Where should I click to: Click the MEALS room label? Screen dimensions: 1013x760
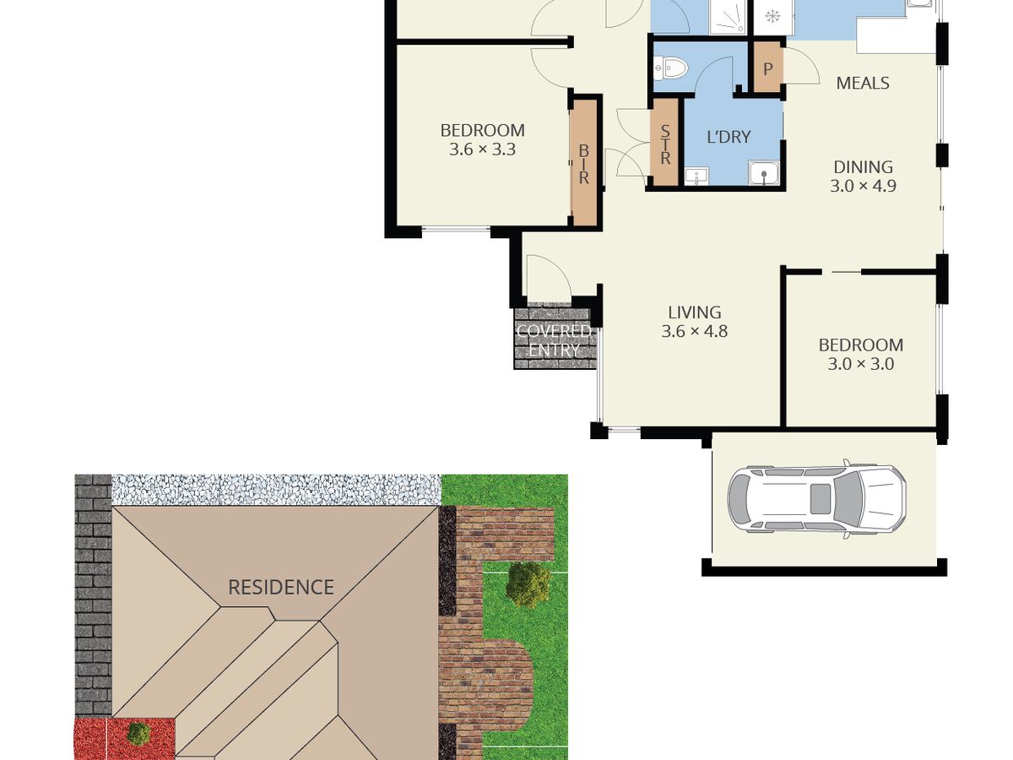[x=863, y=83]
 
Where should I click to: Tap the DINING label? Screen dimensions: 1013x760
[x=863, y=166]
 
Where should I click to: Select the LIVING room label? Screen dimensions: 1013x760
[x=695, y=312]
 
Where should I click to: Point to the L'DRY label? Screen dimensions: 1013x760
[x=729, y=137]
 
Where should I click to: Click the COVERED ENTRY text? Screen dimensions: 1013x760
[x=554, y=340]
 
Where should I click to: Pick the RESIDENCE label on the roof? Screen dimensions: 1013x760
[x=281, y=588]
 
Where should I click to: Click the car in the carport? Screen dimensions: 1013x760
[x=816, y=499]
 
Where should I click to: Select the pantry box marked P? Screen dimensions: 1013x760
[x=768, y=69]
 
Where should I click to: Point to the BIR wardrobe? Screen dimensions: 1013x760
[x=584, y=164]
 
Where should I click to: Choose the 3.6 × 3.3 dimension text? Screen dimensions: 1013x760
[x=482, y=149]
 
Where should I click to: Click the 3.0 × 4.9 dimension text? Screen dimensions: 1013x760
[x=863, y=186]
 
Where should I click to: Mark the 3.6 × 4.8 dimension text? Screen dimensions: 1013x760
[x=695, y=331]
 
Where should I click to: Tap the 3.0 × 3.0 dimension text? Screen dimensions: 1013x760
[x=861, y=364]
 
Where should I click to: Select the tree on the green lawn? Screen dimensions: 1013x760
[x=528, y=584]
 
